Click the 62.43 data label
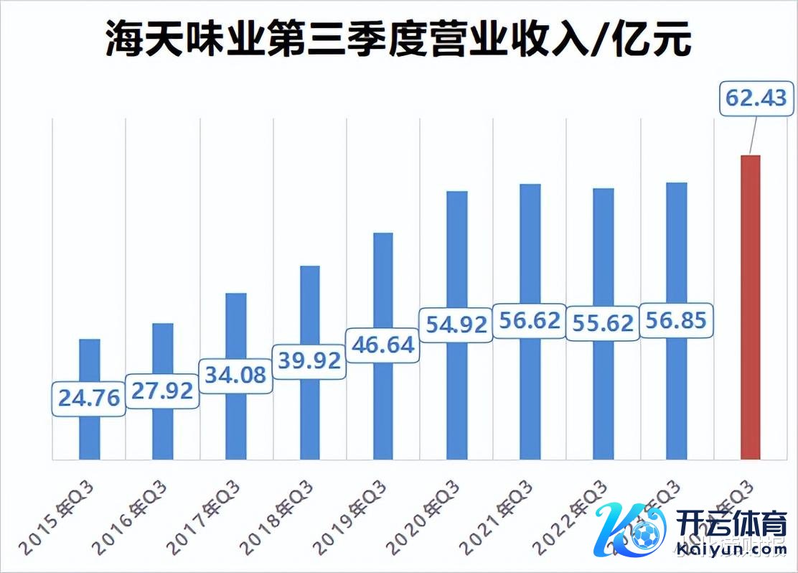point(756,98)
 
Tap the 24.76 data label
point(89,398)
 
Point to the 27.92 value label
point(162,391)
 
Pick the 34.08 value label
point(235,374)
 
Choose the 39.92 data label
point(309,360)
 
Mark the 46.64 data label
point(382,345)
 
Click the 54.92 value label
point(456,323)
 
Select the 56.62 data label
point(530,320)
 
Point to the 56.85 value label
point(676,320)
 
